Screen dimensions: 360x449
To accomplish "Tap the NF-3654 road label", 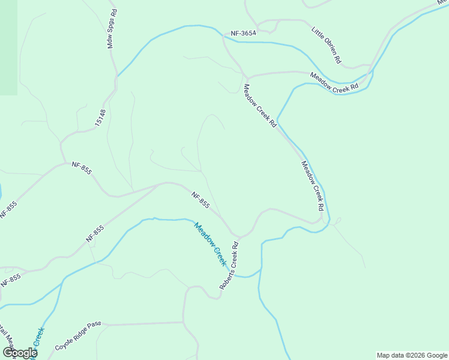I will click(244, 34).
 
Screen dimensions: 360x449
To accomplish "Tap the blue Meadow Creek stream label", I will click(210, 244).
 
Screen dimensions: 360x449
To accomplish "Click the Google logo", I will click(19, 353).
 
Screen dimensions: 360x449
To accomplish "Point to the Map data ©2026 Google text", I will click(411, 355).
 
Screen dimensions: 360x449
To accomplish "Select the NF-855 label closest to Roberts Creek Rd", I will click(201, 200).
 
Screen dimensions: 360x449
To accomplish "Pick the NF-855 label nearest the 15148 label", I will click(82, 168).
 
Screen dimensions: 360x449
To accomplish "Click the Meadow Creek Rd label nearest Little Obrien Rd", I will click(334, 81).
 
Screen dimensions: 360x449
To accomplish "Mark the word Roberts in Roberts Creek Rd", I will click(224, 279).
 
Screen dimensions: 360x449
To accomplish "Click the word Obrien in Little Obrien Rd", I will click(331, 49).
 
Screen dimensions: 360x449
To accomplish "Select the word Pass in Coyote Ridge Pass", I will click(94, 332).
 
